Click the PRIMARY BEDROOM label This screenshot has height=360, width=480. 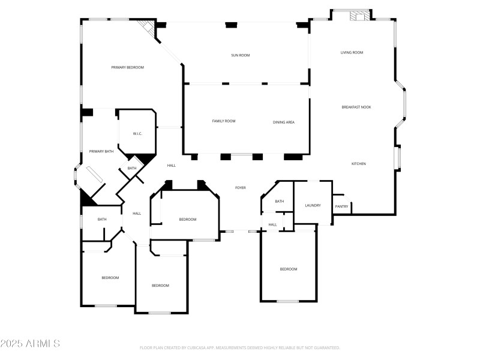coord(128,67)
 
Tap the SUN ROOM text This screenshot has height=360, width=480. coord(241,55)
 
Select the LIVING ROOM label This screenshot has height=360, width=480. coord(352,52)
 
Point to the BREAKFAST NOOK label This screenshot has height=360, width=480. coord(356,107)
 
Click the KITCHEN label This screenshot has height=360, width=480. coord(358,164)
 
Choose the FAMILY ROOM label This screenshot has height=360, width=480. coord(224,121)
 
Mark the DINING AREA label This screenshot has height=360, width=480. coord(284,122)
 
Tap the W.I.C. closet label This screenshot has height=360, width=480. coord(137,134)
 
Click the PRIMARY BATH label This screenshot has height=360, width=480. coord(101,151)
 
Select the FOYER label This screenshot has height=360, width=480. coord(240,188)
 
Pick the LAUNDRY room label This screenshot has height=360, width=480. coord(313,205)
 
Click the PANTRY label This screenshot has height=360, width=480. coord(341,206)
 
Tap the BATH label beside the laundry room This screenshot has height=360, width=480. coord(280,201)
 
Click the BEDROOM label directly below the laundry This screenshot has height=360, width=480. coord(289,269)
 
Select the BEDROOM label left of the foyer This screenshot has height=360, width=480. coord(188,219)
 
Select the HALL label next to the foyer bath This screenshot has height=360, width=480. coord(272,224)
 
